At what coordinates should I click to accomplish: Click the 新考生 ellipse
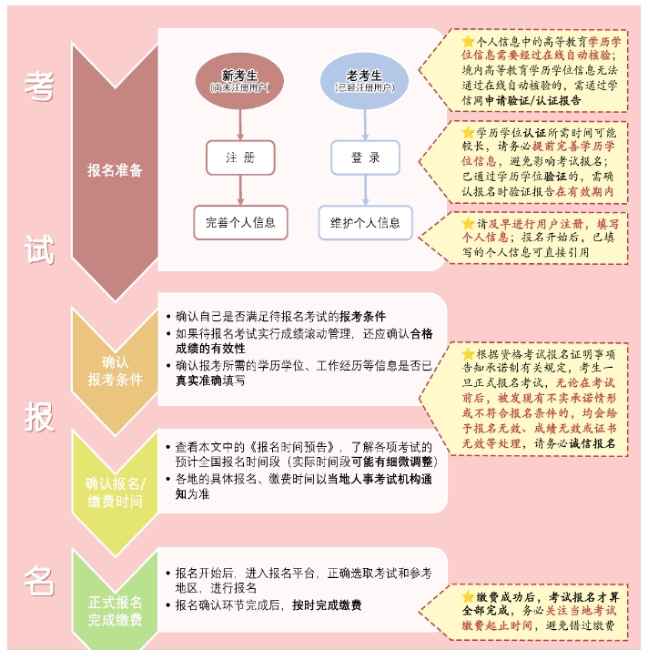[x=239, y=81]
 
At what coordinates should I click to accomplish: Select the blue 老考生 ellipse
[x=365, y=81]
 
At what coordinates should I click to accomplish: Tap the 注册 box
[x=240, y=157]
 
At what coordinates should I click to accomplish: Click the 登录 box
[x=365, y=157]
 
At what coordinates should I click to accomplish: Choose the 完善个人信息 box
[x=240, y=223]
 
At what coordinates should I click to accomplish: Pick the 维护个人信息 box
[x=365, y=223]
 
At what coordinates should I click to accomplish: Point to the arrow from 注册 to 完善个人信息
[x=240, y=190]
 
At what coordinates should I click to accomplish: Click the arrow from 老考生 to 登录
[x=365, y=125]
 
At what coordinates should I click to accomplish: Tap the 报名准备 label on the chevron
[x=115, y=170]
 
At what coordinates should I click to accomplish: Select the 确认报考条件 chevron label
[x=115, y=371]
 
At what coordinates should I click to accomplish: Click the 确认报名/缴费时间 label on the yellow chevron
[x=115, y=493]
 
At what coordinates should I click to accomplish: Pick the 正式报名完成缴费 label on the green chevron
[x=115, y=611]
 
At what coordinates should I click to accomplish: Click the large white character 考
[x=39, y=86]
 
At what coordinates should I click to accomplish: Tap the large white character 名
[x=39, y=581]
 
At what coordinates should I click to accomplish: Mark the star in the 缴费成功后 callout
[x=468, y=596]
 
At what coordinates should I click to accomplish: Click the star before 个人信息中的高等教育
[x=468, y=41]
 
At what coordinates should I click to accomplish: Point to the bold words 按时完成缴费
[x=327, y=605]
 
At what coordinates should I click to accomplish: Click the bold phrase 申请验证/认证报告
[x=532, y=100]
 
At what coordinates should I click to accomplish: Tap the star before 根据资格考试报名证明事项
[x=468, y=353]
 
